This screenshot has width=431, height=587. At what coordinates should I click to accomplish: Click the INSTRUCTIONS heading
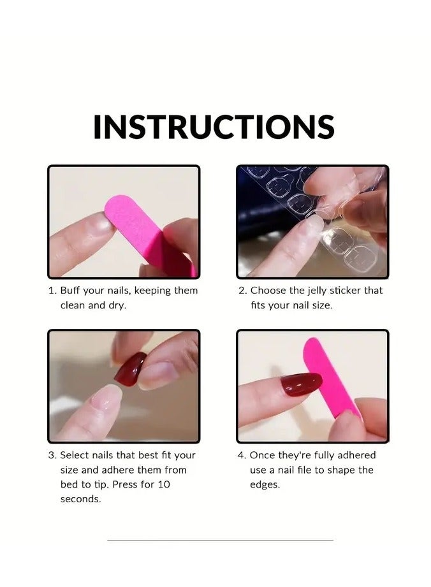[214, 127]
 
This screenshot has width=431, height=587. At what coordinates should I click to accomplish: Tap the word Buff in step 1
[70, 291]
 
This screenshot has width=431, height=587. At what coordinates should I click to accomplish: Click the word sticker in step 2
[347, 291]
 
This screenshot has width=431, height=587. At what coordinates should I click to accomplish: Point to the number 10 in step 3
[164, 484]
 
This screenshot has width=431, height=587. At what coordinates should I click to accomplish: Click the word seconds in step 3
[81, 499]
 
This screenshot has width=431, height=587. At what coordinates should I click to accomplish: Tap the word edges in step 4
[265, 484]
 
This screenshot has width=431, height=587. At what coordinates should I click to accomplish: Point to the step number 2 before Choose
[242, 291]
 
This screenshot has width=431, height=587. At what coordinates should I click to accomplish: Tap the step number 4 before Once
[242, 455]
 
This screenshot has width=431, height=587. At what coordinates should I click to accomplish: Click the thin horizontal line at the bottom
[220, 540]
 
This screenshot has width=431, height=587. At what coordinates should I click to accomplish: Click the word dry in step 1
[116, 305]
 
